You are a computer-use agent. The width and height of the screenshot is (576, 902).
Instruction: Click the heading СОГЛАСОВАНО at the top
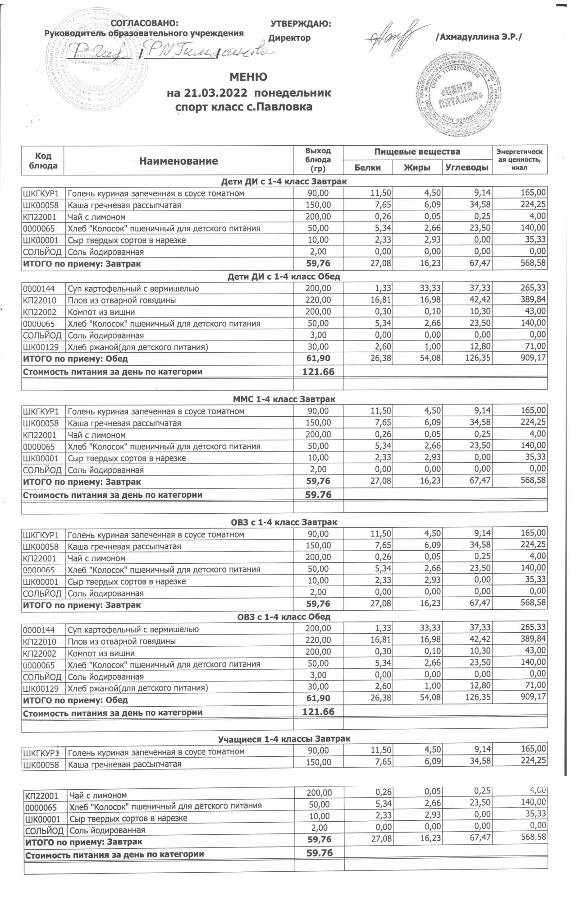click(x=144, y=23)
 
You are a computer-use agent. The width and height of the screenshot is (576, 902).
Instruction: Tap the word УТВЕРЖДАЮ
click(x=301, y=23)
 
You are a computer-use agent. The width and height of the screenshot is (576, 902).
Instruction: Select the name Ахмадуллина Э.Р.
click(x=478, y=37)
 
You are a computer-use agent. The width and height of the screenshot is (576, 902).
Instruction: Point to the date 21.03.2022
click(x=215, y=93)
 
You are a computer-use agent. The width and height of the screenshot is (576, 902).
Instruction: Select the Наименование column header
click(x=178, y=161)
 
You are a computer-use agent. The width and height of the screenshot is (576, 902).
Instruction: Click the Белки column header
click(x=367, y=168)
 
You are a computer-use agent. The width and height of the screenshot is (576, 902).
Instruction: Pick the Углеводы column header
click(x=467, y=168)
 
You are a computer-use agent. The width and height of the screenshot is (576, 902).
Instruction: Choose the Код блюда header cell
click(x=43, y=161)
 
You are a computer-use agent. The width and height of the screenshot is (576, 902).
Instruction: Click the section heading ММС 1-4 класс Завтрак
click(x=284, y=399)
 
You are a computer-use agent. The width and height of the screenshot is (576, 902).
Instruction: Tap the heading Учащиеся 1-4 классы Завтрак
click(x=284, y=739)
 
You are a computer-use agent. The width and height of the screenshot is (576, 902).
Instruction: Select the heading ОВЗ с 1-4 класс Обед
click(x=284, y=617)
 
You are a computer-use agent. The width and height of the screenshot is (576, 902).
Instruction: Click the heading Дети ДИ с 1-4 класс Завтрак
click(x=284, y=182)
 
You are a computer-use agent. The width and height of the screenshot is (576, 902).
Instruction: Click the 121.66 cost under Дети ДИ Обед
click(x=318, y=372)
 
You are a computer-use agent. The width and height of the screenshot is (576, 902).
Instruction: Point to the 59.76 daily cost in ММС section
click(x=318, y=495)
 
